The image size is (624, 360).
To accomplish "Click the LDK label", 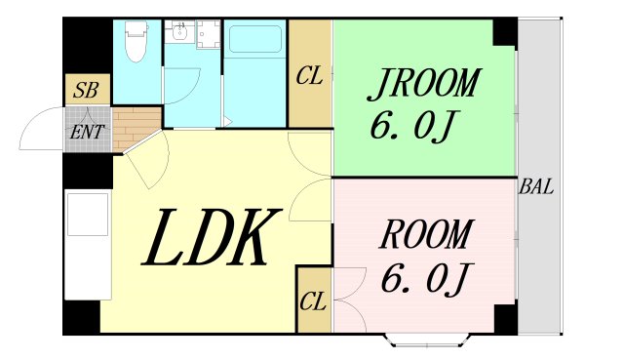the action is click(211, 238).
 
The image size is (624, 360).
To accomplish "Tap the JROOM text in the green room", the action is click(424, 84).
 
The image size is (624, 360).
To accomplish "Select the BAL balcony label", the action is click(536, 186).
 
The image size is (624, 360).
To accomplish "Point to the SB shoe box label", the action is click(87, 91).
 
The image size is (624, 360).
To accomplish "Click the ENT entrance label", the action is click(87, 133).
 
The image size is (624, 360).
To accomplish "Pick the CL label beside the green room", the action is click(309, 76).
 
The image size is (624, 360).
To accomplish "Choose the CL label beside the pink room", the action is click(314, 301).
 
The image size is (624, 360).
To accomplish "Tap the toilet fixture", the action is click(136, 41).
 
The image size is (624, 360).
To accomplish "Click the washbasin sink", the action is click(179, 31).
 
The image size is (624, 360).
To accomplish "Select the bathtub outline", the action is click(255, 39).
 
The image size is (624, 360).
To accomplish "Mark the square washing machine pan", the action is click(208, 34).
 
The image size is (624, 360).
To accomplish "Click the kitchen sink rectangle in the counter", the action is click(88, 215).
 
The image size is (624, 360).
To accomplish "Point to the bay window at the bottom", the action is click(427, 340).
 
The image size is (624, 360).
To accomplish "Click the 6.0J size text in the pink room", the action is click(425, 280).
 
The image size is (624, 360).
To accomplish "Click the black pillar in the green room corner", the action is click(505, 32).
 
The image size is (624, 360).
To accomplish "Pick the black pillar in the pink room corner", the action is click(505, 319).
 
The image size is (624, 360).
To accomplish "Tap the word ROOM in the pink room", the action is click(427, 235).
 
